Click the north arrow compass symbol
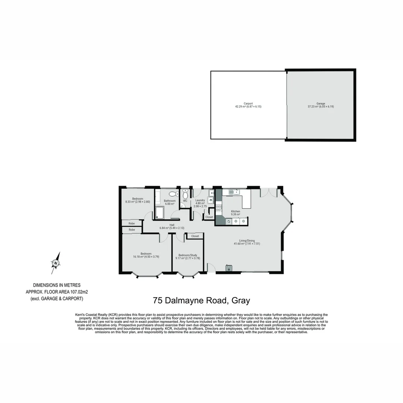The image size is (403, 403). tap(56, 263)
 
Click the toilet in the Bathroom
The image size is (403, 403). tap(172, 194)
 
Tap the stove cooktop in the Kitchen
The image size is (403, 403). tap(219, 208)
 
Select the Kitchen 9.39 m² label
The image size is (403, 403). tap(235, 213)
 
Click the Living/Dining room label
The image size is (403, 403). tap(247, 242)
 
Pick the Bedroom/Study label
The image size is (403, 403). tap(188, 256)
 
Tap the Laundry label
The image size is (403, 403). tap(200, 201)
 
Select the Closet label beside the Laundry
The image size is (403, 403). tap(209, 217)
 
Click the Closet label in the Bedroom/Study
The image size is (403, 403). tap(195, 236)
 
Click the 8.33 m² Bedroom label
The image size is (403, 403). tap(137, 200)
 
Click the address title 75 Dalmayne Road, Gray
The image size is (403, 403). tap(201, 300)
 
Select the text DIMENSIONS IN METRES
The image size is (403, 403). tap(57, 285)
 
